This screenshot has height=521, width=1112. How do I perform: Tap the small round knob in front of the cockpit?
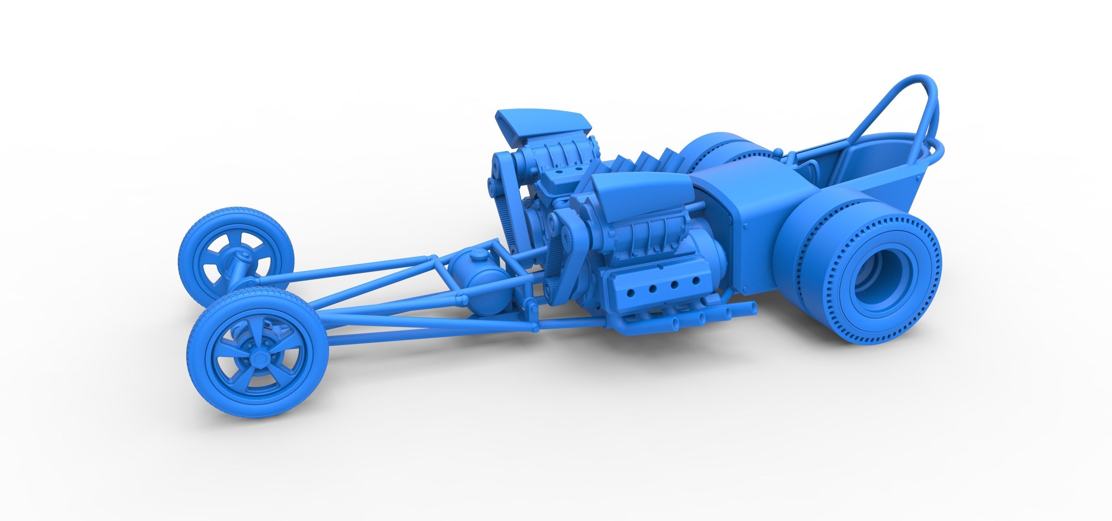(x=778, y=151)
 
